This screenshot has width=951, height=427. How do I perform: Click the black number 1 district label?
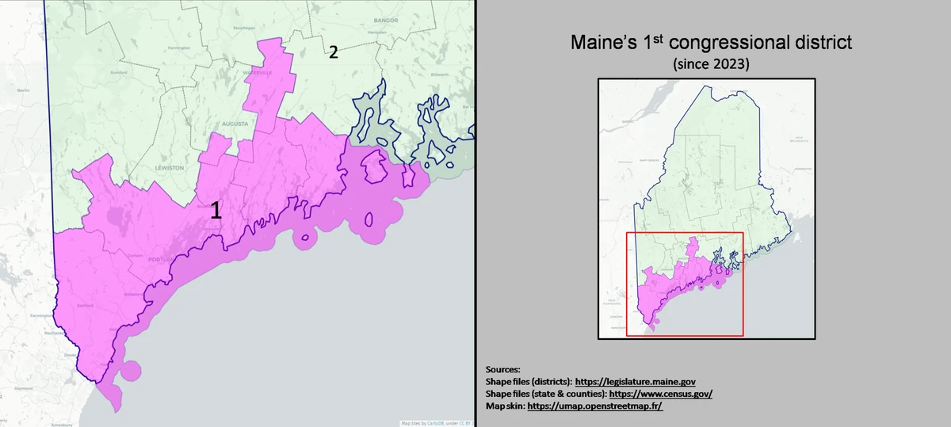point(215,212)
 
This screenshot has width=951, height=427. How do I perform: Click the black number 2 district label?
point(333,52)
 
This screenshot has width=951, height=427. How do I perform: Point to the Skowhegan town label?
point(243,28)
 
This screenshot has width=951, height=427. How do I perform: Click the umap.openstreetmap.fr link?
point(594,406)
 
